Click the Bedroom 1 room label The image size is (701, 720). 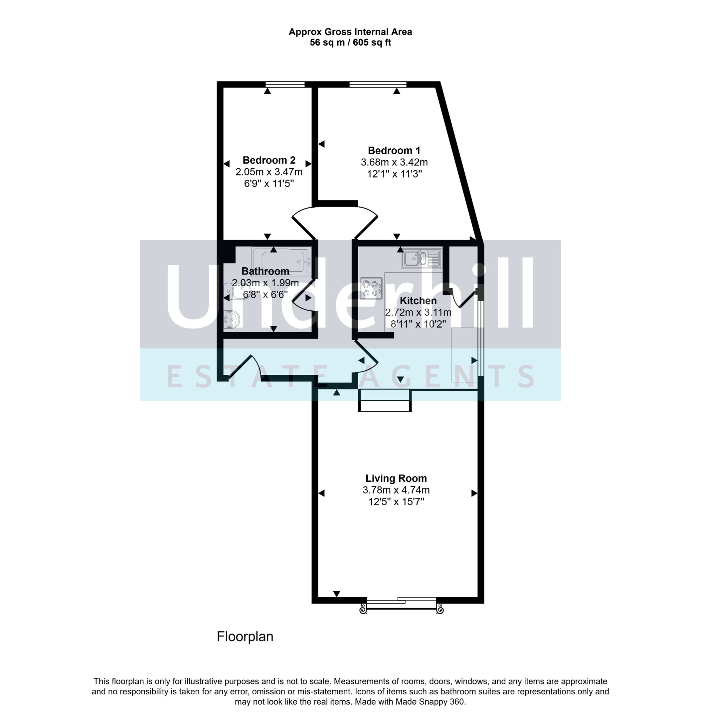[394, 150]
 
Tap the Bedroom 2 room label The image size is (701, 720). [269, 160]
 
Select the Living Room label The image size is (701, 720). [396, 478]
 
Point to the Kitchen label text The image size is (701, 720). [418, 301]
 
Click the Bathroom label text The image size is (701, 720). [265, 271]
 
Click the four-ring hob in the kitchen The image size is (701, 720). [371, 289]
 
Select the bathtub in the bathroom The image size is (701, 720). [282, 261]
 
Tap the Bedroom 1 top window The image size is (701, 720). [378, 84]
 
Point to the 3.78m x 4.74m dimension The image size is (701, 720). [396, 490]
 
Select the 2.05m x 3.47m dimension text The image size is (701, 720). [269, 172]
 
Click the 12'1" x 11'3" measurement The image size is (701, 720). [394, 174]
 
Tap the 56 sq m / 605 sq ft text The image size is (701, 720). [350, 43]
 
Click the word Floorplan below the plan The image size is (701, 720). [245, 636]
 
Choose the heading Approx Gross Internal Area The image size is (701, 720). [350, 32]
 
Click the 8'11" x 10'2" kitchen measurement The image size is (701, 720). [418, 324]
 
